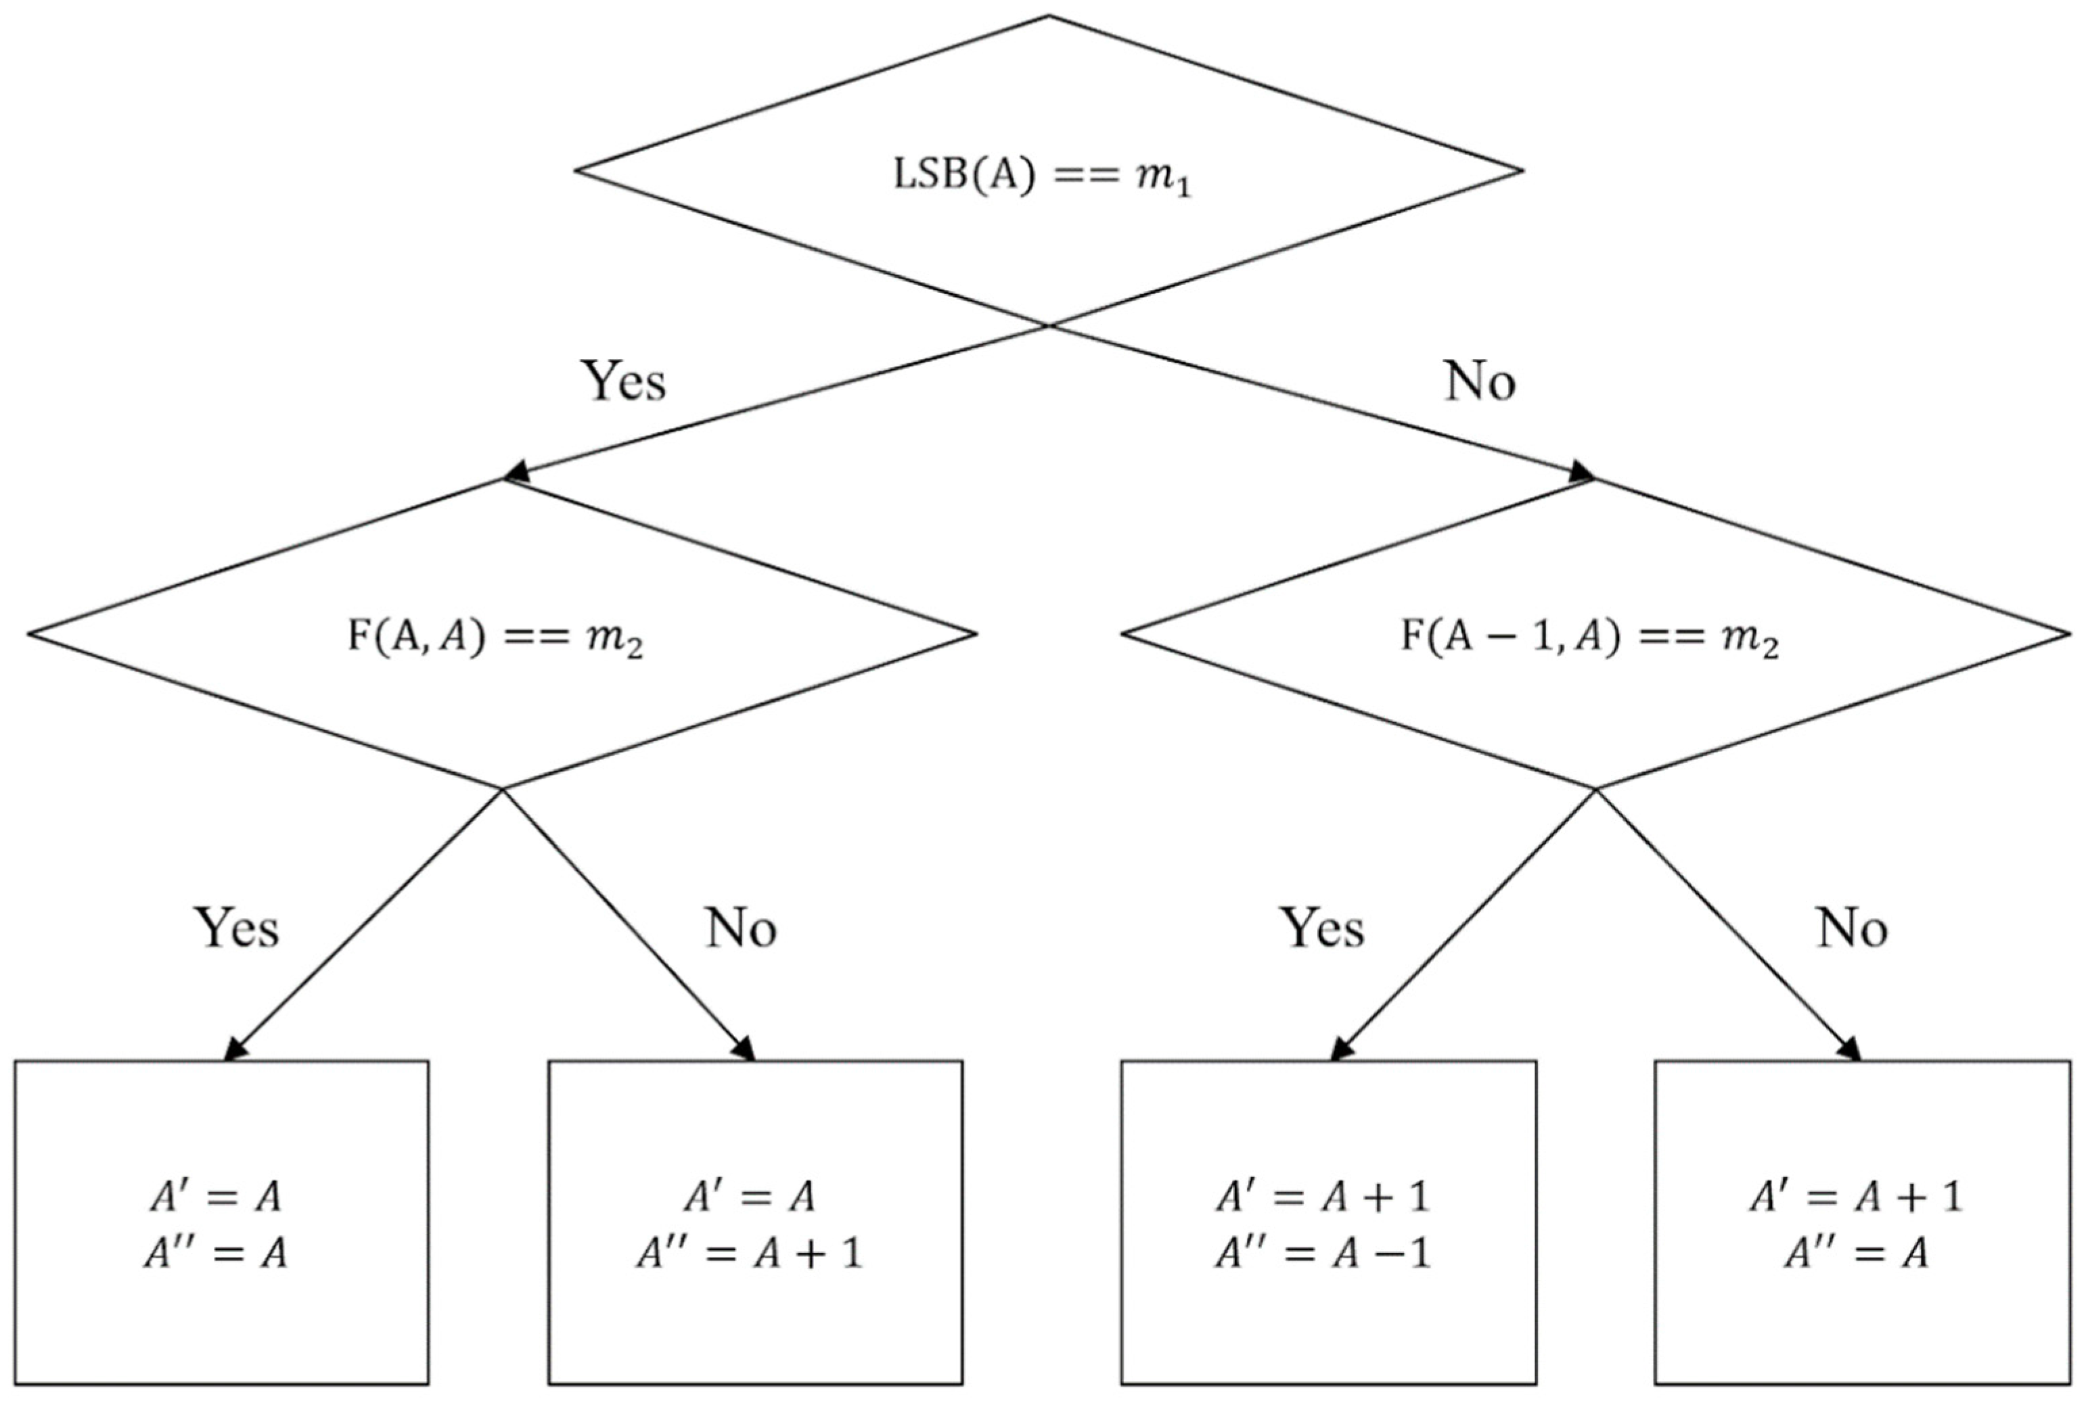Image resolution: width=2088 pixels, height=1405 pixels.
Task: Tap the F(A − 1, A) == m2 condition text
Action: pos(1589,639)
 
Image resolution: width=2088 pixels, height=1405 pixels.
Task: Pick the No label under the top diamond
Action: pos(1479,381)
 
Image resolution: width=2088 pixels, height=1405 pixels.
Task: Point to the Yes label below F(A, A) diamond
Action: pos(237,928)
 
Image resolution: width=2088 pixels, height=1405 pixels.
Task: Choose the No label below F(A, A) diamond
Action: pos(740,928)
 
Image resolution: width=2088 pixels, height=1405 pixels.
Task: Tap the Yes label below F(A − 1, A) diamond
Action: pos(1322,928)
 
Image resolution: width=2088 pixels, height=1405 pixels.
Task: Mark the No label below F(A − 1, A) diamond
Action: pos(1853,928)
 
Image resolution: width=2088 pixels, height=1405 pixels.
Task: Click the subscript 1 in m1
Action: pos(1185,190)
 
